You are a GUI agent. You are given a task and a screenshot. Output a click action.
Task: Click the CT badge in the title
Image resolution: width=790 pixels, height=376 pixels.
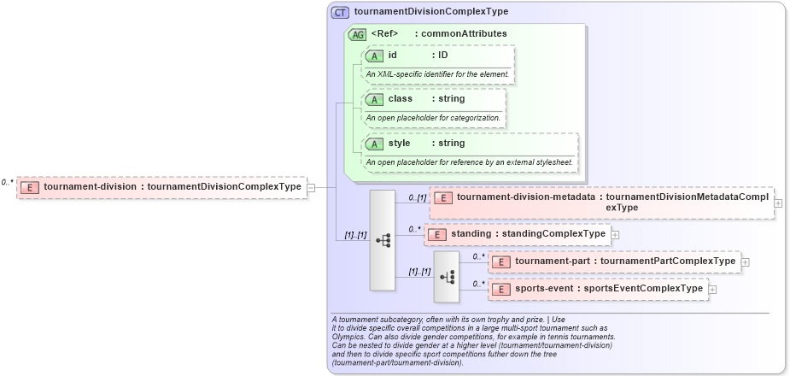point(340,12)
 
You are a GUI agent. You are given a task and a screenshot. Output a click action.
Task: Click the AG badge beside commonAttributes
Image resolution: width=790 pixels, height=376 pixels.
point(358,34)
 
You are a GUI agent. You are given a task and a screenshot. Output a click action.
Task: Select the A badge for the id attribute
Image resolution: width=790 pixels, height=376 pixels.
point(373,56)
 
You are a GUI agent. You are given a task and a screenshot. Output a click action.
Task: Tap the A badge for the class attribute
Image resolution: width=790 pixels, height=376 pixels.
point(373,99)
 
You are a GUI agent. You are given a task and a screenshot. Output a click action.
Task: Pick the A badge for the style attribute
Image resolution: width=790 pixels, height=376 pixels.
point(373,144)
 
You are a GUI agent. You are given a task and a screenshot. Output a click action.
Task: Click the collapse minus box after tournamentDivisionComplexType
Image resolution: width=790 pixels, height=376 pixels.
point(311,187)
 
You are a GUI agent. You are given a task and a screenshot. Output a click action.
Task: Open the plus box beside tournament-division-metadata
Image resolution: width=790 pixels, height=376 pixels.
point(777,203)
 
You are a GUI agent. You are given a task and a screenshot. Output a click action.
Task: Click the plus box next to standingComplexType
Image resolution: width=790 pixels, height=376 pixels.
point(615,234)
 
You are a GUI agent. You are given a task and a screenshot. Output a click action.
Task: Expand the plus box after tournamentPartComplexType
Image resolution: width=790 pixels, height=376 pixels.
point(745,261)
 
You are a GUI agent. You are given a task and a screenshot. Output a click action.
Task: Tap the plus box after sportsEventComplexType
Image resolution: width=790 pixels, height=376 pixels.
point(712,290)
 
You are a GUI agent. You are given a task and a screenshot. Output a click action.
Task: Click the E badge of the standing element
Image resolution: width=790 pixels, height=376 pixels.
point(436,234)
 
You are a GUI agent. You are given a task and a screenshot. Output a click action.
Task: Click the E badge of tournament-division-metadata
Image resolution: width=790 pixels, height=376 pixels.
point(442,197)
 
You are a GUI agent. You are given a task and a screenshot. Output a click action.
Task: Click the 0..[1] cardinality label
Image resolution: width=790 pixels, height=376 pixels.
point(417,197)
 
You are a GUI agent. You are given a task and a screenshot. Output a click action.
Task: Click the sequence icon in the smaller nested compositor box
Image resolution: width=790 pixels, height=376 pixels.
point(447,277)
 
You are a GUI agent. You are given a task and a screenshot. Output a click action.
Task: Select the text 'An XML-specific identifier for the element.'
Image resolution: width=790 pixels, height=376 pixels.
point(437,74)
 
